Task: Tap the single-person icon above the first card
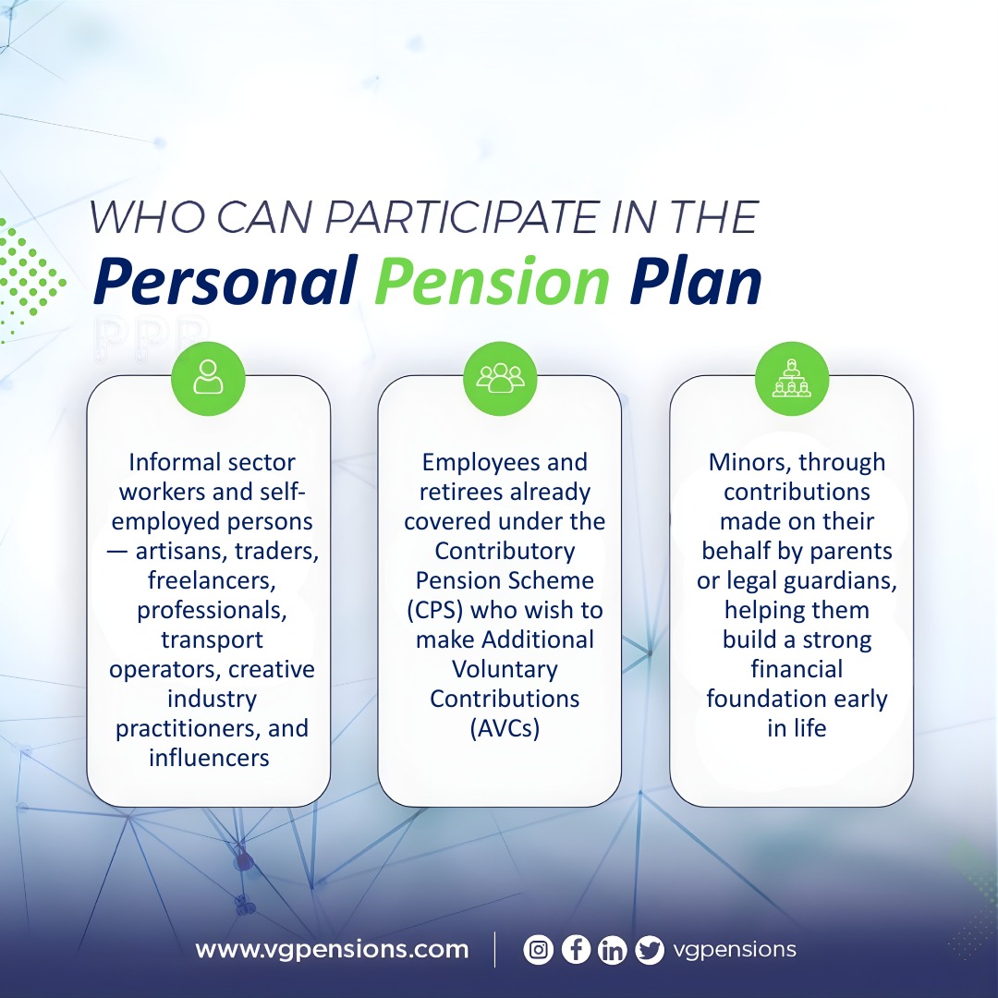(x=208, y=379)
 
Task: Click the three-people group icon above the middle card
(x=500, y=379)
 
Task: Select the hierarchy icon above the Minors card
(x=791, y=379)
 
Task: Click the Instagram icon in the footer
(x=538, y=950)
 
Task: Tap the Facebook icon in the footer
(x=575, y=950)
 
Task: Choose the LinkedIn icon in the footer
(x=612, y=950)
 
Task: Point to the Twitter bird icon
(x=650, y=950)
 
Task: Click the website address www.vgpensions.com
(x=332, y=950)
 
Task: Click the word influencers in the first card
(x=209, y=758)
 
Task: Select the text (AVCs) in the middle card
(x=505, y=728)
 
